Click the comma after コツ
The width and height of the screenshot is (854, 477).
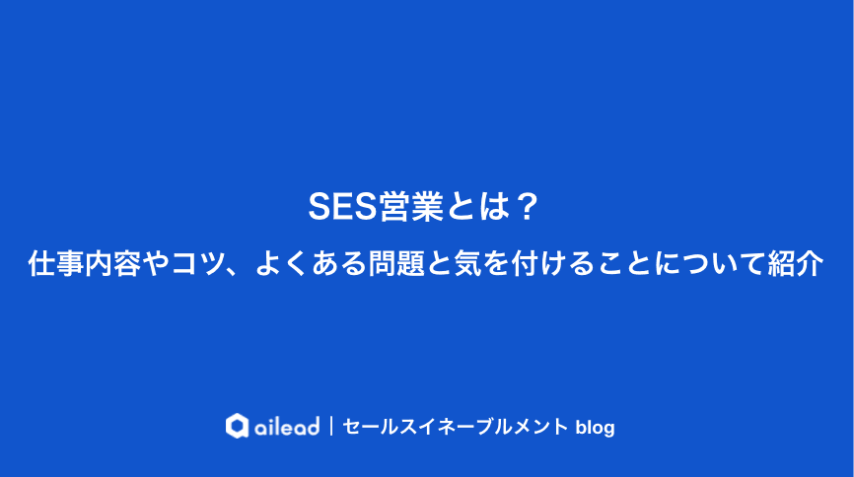(237, 269)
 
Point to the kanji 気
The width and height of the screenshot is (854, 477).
(465, 264)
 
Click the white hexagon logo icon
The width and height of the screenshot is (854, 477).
(237, 426)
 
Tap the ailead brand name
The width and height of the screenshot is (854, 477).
(287, 427)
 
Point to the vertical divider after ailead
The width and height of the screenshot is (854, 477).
(331, 427)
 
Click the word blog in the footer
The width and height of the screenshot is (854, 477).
(594, 427)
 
